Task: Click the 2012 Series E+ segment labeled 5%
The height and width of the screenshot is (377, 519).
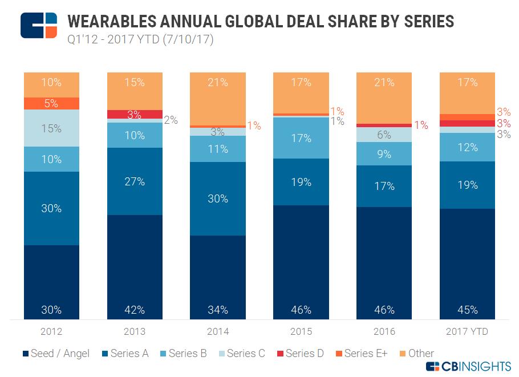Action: point(51,103)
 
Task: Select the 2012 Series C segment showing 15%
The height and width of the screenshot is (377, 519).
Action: point(51,128)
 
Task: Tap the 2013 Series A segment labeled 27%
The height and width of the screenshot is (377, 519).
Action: point(135,182)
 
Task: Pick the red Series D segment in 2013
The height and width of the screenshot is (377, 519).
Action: point(135,114)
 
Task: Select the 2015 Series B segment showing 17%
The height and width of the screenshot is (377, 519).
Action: point(301,138)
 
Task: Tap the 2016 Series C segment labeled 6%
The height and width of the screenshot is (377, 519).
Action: point(384,135)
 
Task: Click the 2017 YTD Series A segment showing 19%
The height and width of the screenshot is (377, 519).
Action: point(468,185)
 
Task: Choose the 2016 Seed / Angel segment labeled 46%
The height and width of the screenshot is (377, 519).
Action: point(384,263)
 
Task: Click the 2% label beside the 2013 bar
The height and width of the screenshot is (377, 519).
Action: point(171,120)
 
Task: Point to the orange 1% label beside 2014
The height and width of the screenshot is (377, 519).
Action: point(253,125)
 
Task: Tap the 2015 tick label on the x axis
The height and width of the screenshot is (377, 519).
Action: point(301,331)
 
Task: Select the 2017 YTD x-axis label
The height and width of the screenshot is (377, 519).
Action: point(468,331)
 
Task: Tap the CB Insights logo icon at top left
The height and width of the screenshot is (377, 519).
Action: point(39,25)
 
